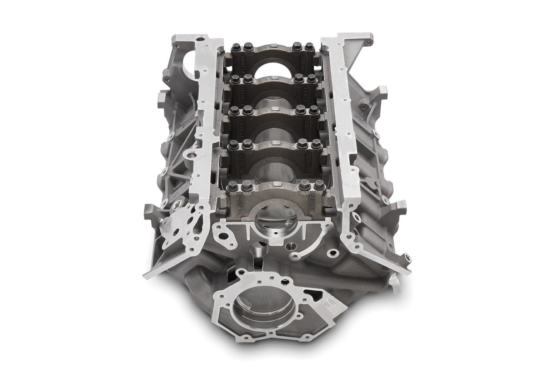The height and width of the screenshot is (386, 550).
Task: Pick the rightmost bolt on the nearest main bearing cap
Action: [x=319, y=185]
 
